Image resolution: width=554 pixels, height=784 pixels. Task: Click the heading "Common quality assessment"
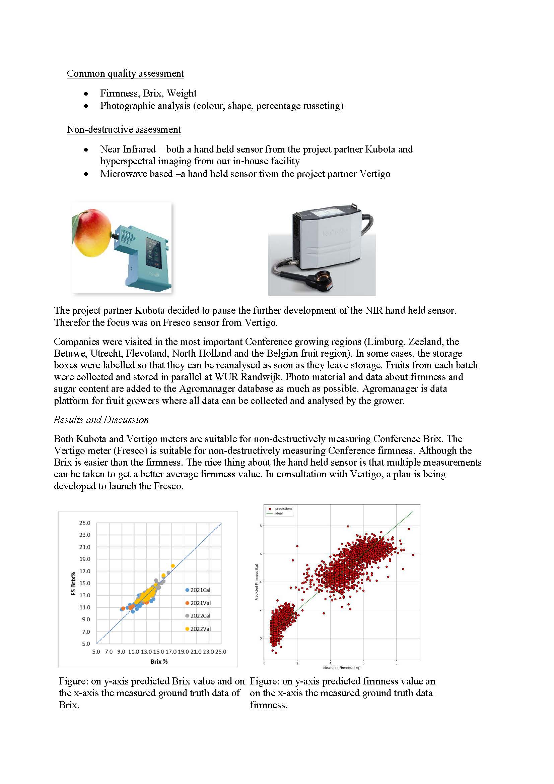125,73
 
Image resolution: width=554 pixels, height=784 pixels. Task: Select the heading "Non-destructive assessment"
124,129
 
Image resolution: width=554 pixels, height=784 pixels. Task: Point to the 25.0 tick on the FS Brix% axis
85,523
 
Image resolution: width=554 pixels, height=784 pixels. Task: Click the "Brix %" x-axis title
159,661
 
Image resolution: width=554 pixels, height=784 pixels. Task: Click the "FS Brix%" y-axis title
73,584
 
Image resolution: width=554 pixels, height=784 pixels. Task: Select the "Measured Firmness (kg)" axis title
341,668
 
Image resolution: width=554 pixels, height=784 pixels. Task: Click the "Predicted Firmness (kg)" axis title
257,582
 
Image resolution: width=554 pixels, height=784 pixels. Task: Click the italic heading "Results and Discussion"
101,420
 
